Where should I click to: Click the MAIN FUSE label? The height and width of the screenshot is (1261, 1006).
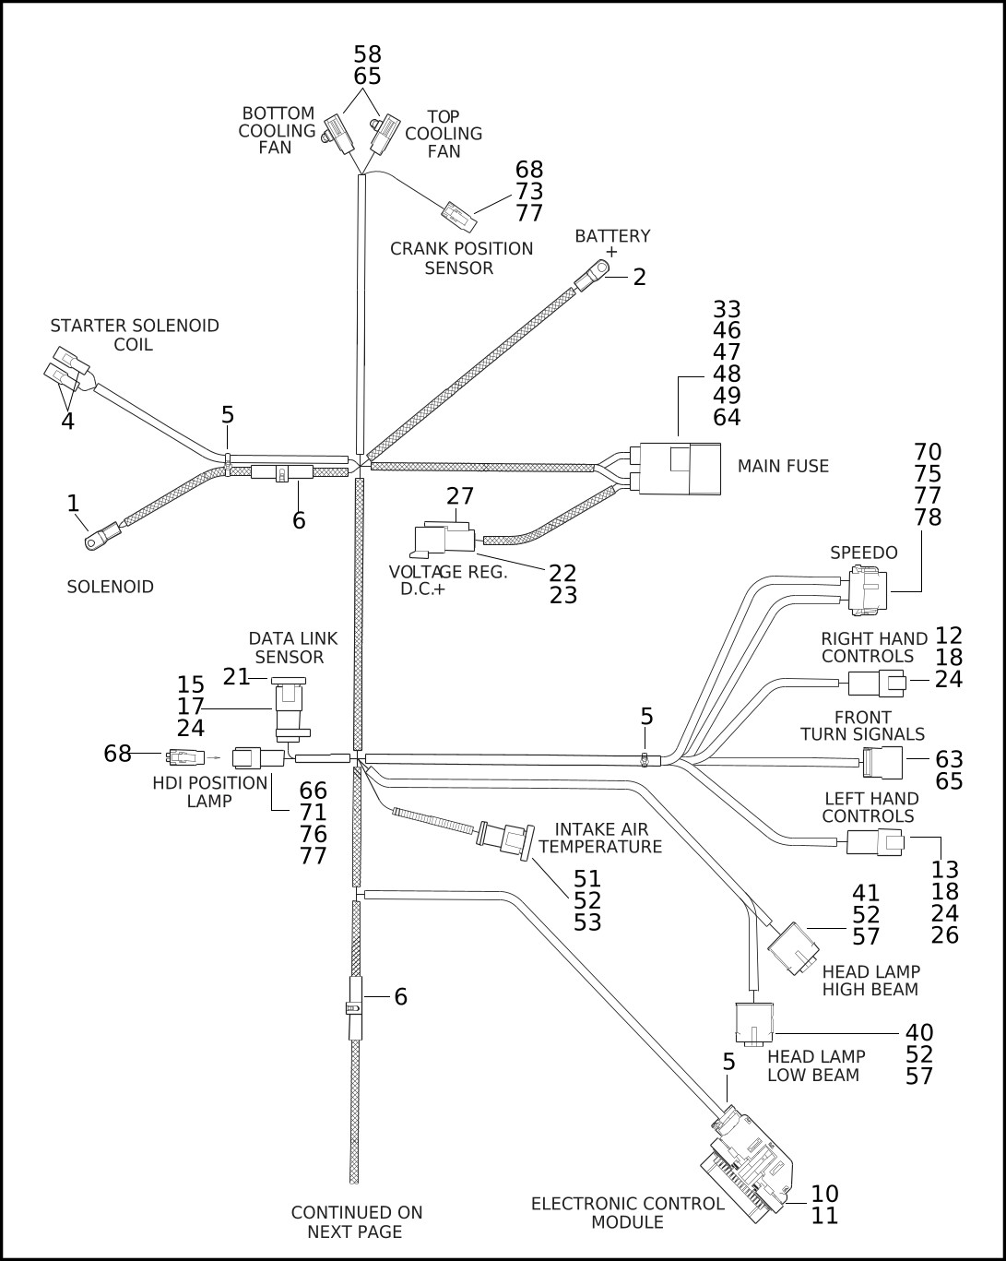pos(783,467)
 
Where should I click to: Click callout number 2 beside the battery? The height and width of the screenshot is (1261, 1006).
pos(640,276)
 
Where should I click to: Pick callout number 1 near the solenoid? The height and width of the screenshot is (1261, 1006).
pos(73,503)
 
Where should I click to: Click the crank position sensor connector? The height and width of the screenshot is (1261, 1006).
pos(458,217)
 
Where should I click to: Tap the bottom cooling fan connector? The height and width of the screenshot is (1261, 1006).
pos(338,134)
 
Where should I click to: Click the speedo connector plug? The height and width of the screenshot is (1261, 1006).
pos(866,590)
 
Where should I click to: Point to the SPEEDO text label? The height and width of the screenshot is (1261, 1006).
pos(863,553)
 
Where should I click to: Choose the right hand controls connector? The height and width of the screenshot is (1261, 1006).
pos(876,684)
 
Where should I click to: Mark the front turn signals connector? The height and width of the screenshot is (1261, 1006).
pos(884,762)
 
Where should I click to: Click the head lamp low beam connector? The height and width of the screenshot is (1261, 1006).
pos(753,1026)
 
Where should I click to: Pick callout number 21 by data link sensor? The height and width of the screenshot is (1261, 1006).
pos(236,677)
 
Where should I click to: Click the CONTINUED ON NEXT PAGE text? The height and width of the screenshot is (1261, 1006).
pos(356,1222)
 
